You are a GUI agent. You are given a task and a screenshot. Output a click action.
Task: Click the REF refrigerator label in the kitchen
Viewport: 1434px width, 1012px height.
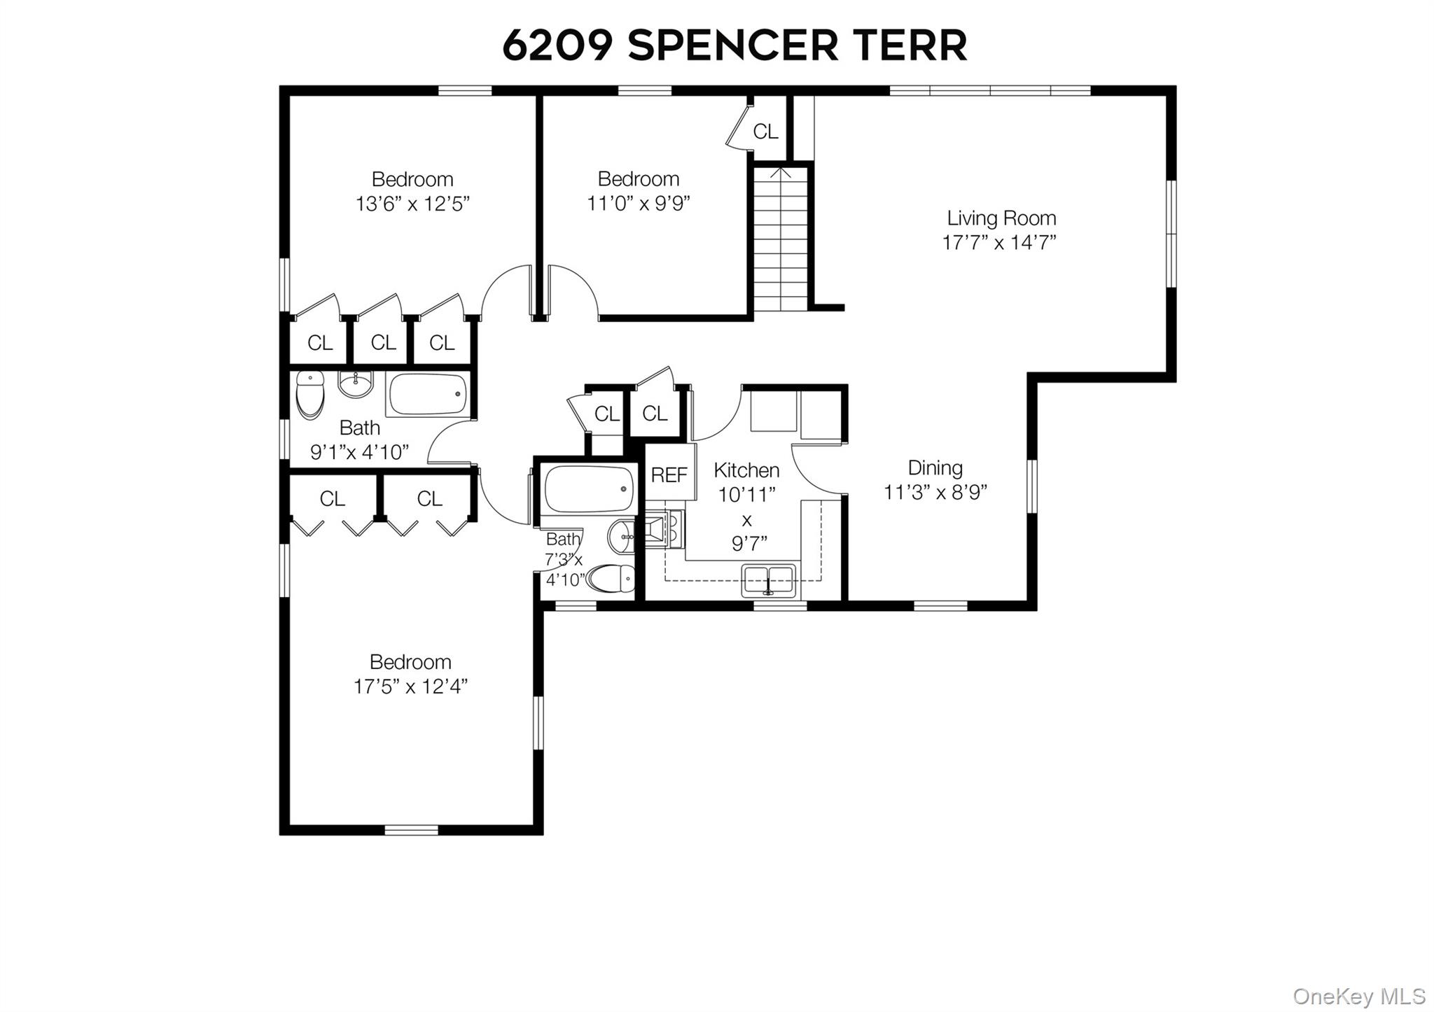pos(669,475)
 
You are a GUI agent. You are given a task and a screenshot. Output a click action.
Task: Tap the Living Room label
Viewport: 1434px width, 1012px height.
pos(1001,218)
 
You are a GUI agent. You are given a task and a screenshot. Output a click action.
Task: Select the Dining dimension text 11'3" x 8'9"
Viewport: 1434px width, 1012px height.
pos(935,493)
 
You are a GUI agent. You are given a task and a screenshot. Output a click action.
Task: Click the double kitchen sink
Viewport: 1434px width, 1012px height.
pos(769,580)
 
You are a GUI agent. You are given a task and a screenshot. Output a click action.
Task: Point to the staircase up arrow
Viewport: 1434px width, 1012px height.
pos(781,172)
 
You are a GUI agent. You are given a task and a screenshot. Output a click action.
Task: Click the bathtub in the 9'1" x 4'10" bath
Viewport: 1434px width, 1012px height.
pos(427,395)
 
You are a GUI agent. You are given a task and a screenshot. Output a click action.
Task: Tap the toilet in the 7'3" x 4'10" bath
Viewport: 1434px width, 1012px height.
pos(611,579)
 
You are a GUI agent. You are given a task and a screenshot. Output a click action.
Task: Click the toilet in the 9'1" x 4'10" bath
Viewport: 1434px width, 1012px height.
pos(309,395)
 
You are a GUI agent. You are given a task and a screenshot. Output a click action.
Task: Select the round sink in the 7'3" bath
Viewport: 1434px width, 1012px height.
pos(620,537)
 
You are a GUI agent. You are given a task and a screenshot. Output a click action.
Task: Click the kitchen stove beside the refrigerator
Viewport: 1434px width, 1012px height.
pos(662,529)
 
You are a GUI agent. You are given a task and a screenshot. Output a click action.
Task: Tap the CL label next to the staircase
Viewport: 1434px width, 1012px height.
pos(765,132)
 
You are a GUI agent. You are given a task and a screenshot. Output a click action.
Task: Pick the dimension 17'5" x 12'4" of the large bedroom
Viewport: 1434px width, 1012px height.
pos(410,687)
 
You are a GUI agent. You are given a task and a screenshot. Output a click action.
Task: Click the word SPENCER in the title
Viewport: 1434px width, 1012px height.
pos(732,45)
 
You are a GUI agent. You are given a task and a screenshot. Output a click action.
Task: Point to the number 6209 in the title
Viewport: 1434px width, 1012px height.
pos(557,45)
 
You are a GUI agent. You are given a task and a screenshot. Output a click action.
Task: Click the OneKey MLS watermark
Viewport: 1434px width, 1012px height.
pos(1358,996)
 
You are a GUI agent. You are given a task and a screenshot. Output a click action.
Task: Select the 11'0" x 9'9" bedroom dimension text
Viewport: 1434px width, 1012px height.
pos(638,204)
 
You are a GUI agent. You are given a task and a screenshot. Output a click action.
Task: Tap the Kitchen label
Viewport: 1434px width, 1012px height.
pos(746,470)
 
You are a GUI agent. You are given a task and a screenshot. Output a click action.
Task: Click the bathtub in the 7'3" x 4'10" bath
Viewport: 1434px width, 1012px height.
pos(589,489)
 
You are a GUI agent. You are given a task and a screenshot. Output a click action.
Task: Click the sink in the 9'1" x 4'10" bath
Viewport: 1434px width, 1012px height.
pos(356,384)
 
